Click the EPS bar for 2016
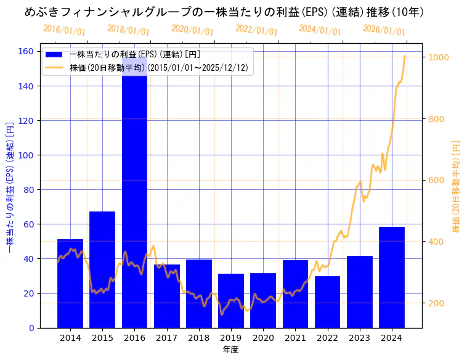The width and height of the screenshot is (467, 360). click(x=134, y=203)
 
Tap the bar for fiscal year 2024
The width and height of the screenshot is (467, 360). click(x=392, y=277)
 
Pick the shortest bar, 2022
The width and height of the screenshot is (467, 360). click(x=327, y=302)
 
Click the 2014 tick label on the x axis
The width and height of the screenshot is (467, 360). click(x=70, y=338)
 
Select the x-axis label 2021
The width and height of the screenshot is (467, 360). click(x=295, y=338)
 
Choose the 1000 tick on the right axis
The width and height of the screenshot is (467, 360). click(x=441, y=57)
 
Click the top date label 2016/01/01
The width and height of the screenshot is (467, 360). click(x=65, y=30)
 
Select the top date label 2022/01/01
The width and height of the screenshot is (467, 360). click(x=257, y=30)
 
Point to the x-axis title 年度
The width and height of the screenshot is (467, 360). click(x=230, y=350)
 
